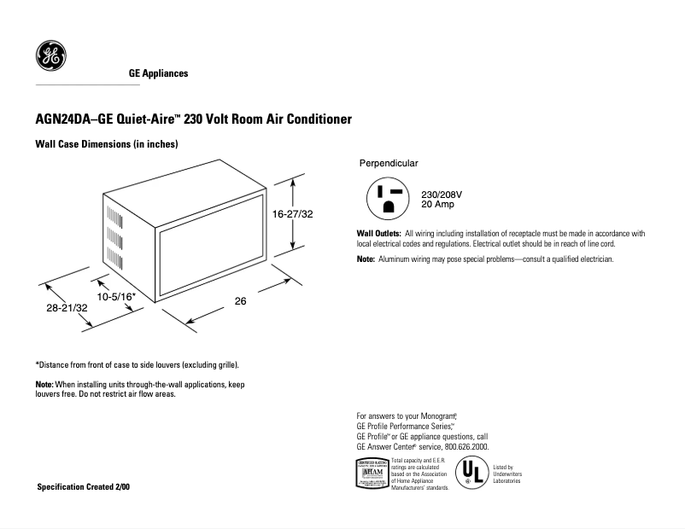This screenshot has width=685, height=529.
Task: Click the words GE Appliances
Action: (158, 74)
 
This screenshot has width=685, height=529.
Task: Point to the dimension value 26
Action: (241, 301)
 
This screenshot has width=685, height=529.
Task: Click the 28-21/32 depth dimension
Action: (67, 307)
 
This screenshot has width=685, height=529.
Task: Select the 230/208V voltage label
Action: (442, 195)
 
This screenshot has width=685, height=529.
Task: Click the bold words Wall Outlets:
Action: (378, 234)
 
